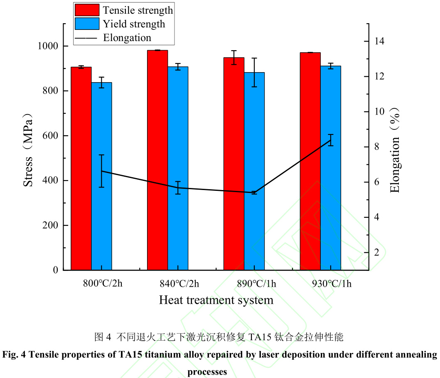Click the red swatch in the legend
point(87,10)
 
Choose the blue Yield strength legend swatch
point(87,24)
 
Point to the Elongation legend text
point(127,38)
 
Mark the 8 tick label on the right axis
point(376,147)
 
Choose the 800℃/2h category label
point(103,284)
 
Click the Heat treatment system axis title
point(216,300)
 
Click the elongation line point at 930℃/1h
point(331,141)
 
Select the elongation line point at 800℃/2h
point(102,171)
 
